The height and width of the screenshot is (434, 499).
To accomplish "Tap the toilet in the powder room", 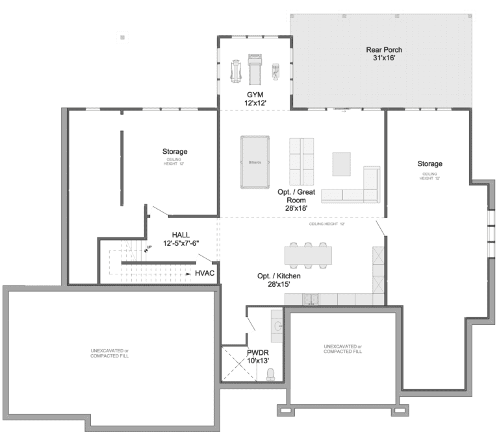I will click(270, 373).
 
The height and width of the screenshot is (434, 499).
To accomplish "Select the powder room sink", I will click(276, 326).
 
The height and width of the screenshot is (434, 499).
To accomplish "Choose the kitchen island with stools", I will click(308, 255).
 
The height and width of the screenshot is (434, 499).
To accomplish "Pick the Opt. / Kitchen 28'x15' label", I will click(279, 280).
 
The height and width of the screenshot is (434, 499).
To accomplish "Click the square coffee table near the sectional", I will click(342, 163).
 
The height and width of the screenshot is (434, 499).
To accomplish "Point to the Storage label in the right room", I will click(430, 164).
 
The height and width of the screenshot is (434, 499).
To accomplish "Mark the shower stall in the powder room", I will click(235, 364).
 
